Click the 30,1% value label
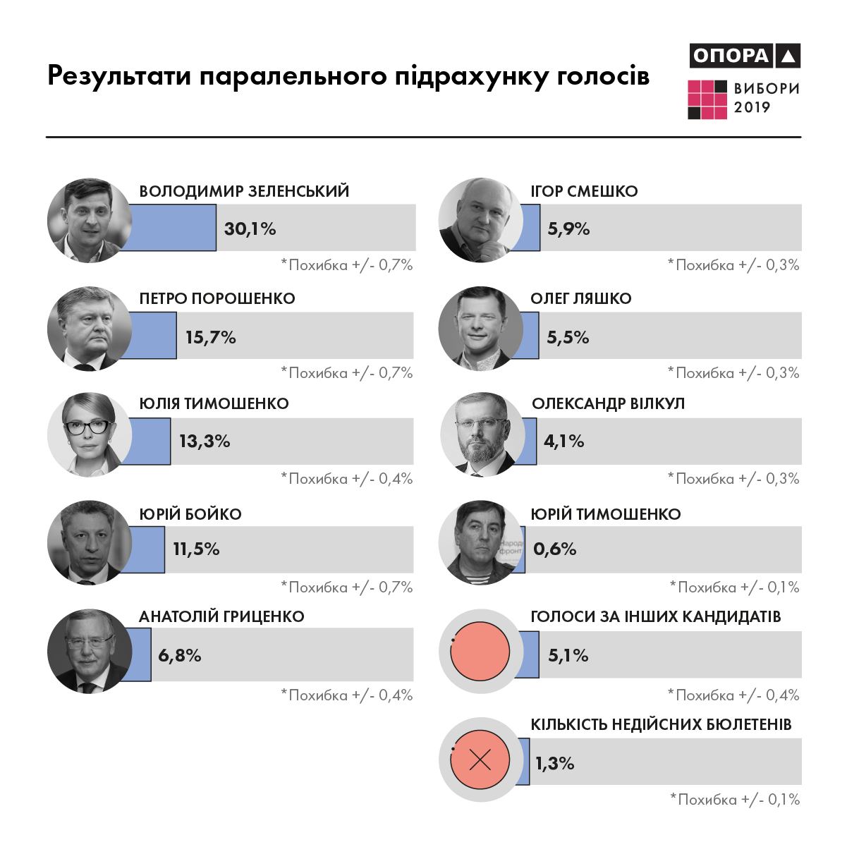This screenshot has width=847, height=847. [250, 228]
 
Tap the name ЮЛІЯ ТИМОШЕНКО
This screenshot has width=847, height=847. [214, 403]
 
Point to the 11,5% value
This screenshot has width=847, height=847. [196, 549]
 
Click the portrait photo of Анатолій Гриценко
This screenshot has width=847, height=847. [89, 651]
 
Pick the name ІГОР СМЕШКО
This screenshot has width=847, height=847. [584, 191]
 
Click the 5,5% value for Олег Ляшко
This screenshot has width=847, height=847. [568, 337]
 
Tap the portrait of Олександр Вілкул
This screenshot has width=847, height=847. [482, 433]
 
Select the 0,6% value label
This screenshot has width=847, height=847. [555, 549]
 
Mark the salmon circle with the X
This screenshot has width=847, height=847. [480, 760]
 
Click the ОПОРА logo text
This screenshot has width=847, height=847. [731, 56]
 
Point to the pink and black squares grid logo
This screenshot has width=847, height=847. [707, 99]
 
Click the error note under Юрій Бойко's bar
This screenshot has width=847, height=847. [347, 587]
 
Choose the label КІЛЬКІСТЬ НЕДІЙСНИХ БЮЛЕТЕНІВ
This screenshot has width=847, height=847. [661, 724]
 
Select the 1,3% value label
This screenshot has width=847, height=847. [554, 763]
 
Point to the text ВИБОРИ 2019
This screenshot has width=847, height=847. [767, 98]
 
